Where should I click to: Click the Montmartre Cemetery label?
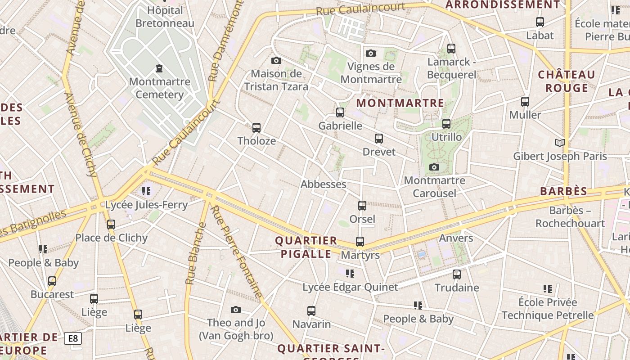point(159,88)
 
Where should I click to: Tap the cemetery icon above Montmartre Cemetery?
point(159,69)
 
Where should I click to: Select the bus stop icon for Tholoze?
point(256,128)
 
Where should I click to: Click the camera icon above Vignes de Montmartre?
point(371,54)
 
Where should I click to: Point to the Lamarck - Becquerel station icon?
point(451,49)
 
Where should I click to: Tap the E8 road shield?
point(73,338)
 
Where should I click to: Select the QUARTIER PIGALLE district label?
point(306,247)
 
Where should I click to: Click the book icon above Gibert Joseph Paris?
point(560,143)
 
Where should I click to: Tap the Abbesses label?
point(323,184)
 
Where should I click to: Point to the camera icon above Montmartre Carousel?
point(434,167)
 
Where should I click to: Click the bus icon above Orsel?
point(362,206)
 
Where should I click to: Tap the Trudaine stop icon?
point(457,274)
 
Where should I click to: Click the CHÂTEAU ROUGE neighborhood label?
point(567,81)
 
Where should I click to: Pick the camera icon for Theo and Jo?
point(235,310)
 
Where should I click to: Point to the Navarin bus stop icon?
point(311,311)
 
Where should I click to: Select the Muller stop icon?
point(525,102)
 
